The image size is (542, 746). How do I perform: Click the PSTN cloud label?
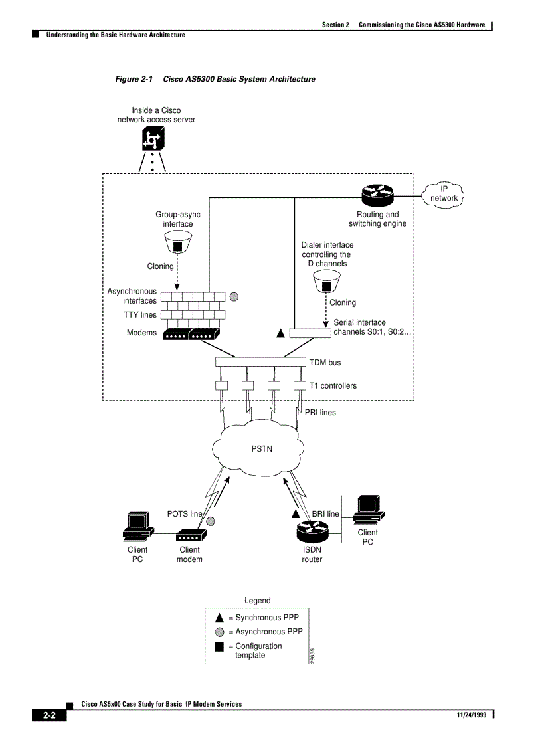[x=261, y=449]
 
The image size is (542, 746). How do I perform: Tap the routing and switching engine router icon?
[x=378, y=195]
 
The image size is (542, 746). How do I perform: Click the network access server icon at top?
[x=152, y=139]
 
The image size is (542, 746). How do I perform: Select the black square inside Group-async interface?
[x=177, y=246]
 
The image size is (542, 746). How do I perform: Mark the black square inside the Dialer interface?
[x=326, y=286]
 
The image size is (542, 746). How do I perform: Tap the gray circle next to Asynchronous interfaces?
[x=234, y=296]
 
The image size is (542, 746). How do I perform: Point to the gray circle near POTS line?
[x=210, y=521]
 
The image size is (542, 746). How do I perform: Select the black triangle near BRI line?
[x=296, y=513]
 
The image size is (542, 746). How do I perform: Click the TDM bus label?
[x=325, y=363]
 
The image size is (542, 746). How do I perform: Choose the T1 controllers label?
[x=332, y=385]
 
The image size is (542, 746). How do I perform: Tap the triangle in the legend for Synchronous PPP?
[x=219, y=618]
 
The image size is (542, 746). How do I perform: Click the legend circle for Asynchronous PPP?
[x=219, y=632]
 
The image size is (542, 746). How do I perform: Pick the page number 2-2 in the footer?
[x=50, y=715]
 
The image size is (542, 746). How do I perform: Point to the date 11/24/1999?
[x=472, y=715]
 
